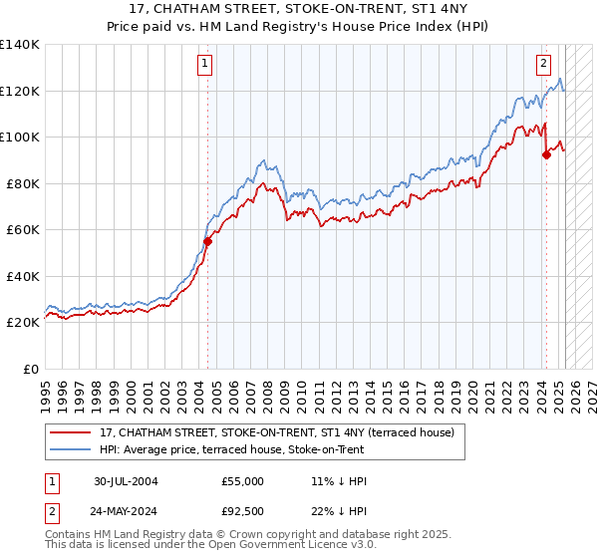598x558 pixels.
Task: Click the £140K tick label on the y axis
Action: point(20,45)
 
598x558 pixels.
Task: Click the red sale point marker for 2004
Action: point(207,241)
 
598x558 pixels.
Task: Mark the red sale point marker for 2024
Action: point(546,154)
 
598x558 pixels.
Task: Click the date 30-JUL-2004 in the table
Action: point(126,481)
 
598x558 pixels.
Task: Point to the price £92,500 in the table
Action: point(243,511)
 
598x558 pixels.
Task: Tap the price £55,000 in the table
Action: point(243,481)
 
